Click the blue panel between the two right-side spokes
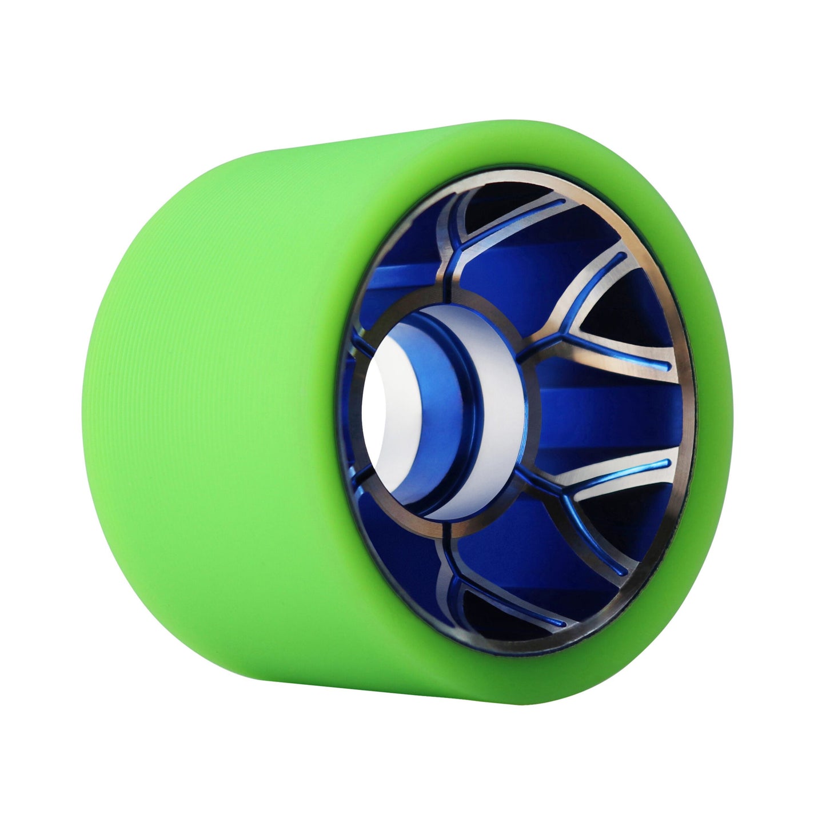(594, 412)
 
